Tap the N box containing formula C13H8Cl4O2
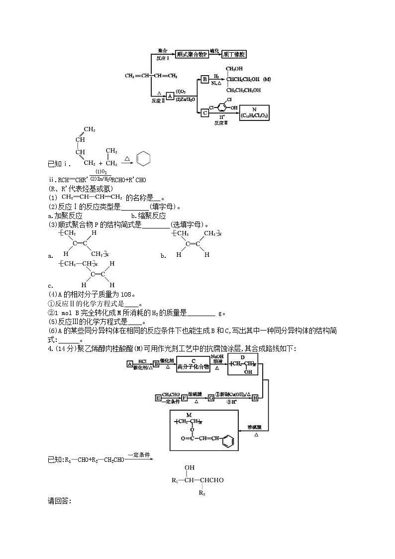(x=254, y=113)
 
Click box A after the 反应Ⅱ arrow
(x=170, y=96)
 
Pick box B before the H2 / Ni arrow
(x=204, y=79)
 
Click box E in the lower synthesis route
(x=158, y=397)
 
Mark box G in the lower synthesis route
(x=210, y=397)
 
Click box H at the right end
(x=255, y=397)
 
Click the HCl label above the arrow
(x=142, y=360)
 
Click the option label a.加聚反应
(x=65, y=216)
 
